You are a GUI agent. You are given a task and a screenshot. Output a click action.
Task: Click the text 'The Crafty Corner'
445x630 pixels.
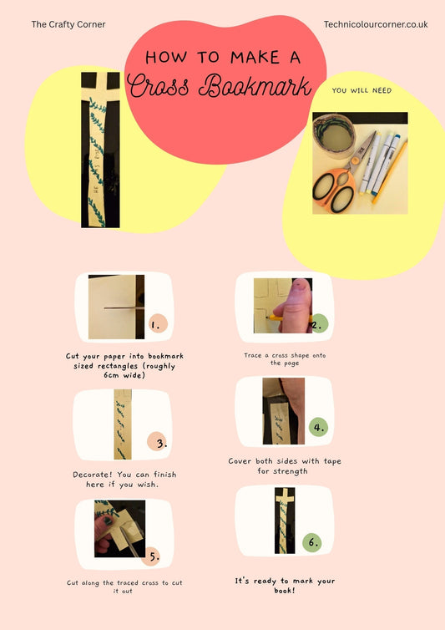(68, 25)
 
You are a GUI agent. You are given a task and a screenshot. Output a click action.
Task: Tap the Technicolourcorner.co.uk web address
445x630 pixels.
(376, 25)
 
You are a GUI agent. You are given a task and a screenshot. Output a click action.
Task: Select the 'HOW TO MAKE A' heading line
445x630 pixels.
(223, 58)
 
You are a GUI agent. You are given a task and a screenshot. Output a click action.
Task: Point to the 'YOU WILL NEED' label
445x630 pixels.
(362, 90)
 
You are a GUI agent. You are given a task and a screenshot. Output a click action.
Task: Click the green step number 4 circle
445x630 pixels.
(317, 428)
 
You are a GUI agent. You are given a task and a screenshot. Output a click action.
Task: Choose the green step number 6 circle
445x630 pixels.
(312, 541)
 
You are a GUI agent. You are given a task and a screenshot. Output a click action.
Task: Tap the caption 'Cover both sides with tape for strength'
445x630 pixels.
(285, 465)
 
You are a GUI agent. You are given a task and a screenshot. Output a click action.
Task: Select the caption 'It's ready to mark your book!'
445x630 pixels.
(285, 585)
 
